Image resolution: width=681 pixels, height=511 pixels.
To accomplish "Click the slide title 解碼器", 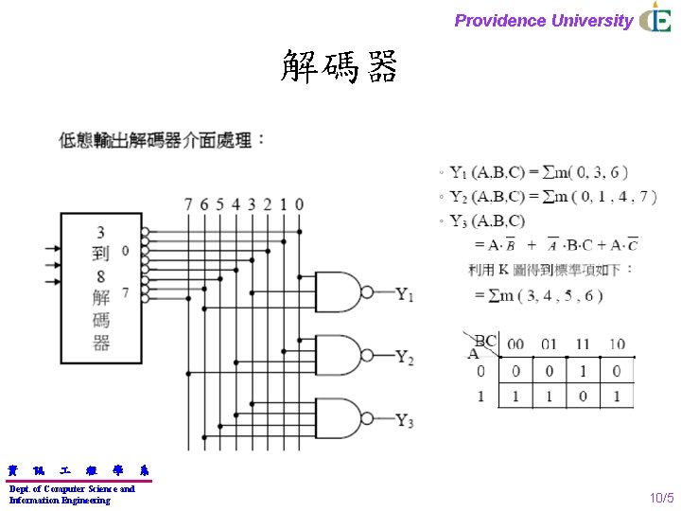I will point(340,67).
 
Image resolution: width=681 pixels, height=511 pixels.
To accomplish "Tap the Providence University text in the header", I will point(543,20).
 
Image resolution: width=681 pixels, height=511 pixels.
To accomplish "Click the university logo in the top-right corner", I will point(655,18).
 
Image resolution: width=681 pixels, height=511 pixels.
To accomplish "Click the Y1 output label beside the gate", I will point(404,294).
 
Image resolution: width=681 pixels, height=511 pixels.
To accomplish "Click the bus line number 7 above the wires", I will point(188,204).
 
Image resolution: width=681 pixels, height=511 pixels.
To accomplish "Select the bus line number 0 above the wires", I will point(299,204).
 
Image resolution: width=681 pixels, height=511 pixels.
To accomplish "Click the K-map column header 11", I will point(583,344).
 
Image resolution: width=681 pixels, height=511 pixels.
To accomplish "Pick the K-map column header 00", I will point(515,344).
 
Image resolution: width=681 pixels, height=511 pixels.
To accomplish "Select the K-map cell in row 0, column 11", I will point(583,371).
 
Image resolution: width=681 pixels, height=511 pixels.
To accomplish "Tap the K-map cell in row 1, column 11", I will point(583,396).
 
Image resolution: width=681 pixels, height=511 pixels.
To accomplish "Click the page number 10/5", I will point(661,497).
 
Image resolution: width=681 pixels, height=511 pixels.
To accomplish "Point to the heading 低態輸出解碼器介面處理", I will point(162,140).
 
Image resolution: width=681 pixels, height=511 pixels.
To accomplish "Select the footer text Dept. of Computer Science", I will point(72,488).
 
